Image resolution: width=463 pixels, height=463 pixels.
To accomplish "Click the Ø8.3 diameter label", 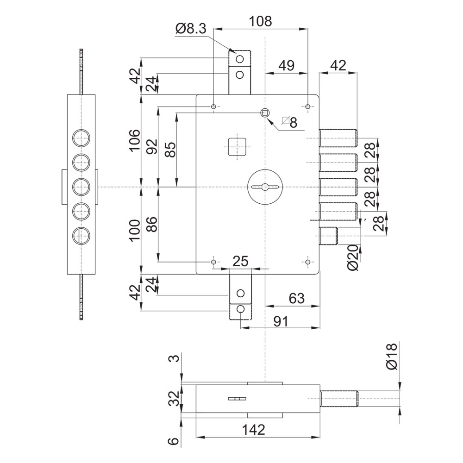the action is (x=190, y=29).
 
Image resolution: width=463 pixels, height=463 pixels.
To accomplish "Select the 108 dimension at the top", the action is (x=260, y=22).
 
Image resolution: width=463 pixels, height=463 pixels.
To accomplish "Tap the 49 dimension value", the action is (x=287, y=66).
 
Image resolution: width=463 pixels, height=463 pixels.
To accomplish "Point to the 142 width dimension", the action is (x=254, y=430).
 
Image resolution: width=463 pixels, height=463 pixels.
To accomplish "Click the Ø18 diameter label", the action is (x=392, y=356).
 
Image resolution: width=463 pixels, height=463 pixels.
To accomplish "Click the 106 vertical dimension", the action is (x=135, y=140).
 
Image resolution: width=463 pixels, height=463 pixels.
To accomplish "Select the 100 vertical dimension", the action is (x=135, y=230).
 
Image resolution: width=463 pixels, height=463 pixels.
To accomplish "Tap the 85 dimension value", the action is (x=170, y=150).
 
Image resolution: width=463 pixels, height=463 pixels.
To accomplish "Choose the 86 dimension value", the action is (x=153, y=224).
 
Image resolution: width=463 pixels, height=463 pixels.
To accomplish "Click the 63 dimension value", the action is (x=296, y=299).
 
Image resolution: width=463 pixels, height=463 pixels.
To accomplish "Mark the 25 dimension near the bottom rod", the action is (x=240, y=261).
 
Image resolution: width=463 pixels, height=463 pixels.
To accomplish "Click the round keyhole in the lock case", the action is (x=265, y=187).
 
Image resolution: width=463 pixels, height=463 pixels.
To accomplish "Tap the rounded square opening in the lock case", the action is (x=238, y=147).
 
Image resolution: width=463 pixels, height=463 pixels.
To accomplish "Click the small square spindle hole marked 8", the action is (x=265, y=112).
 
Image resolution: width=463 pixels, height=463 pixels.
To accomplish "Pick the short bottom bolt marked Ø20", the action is (x=328, y=236).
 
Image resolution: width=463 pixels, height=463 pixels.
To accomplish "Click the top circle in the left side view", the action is (x=81, y=138).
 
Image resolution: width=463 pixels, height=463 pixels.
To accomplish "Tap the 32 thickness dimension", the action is (x=175, y=399).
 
